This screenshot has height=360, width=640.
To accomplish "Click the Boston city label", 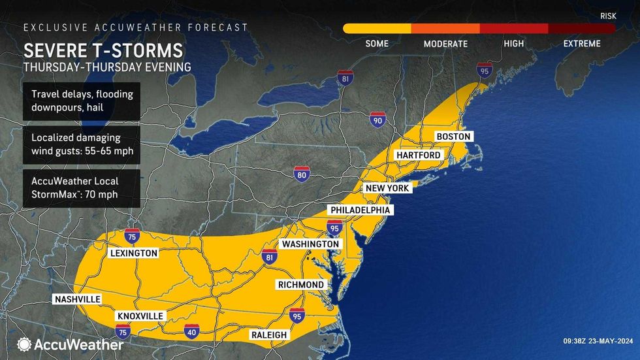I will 453,136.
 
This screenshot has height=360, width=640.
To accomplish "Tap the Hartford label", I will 417,155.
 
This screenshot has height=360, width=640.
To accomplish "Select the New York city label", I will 387,188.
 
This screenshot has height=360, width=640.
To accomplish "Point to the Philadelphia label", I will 360,210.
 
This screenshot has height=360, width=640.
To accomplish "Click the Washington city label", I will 310,244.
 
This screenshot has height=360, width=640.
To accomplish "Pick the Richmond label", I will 300,285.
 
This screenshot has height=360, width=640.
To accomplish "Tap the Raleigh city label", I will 268,335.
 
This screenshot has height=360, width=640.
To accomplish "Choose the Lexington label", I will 133,253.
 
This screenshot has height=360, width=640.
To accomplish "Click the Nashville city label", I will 77,299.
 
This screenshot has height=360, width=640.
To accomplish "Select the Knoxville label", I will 140,316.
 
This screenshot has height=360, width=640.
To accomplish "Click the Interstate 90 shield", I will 377,120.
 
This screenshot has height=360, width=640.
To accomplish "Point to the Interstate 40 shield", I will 191,331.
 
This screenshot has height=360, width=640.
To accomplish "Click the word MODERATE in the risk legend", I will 445,44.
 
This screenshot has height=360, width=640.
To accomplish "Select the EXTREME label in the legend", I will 581,44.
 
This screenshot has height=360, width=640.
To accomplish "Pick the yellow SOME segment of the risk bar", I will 377,29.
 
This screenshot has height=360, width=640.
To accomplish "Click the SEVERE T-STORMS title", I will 103,51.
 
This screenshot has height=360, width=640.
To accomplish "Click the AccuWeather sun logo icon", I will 25,344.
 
